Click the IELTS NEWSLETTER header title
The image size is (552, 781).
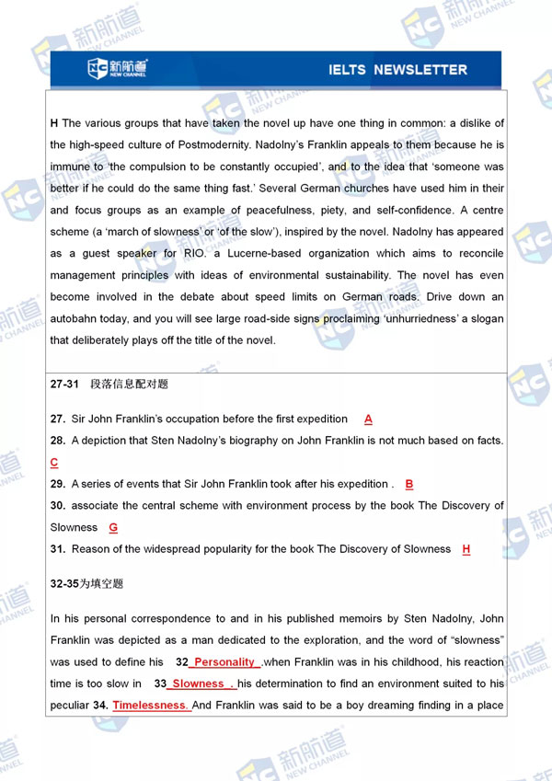pos(397,70)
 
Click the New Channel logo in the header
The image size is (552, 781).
pos(117,68)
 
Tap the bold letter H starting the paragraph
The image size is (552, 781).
pos(54,123)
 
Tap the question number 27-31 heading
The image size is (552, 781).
pos(65,385)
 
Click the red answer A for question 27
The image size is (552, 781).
pos(368,419)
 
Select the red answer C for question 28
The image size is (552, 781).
pos(54,463)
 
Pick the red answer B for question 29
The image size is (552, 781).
pos(409,484)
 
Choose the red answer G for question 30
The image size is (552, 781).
pos(113,527)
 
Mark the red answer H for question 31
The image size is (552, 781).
pos(466,549)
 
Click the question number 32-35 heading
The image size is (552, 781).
pos(65,583)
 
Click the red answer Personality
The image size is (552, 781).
pos(225,662)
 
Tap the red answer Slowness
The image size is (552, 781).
pos(199,683)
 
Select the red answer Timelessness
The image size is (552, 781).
pos(151,706)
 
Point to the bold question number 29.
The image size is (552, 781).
pos(57,484)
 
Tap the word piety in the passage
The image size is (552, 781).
pos(345,210)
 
